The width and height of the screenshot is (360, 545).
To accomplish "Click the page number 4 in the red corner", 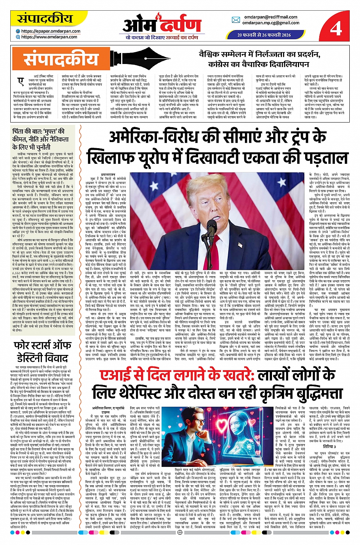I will [336, 28].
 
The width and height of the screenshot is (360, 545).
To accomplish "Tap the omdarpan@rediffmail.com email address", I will [270, 17].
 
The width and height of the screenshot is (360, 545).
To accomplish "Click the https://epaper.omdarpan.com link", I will [51, 31].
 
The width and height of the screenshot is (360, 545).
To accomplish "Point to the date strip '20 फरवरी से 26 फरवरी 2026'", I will [264, 35].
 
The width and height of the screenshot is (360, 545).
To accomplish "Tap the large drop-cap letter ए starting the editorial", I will [21, 81].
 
